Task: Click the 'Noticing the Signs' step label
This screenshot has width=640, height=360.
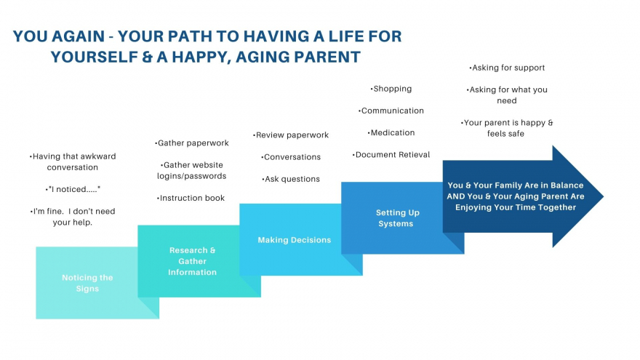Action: pyautogui.click(x=87, y=283)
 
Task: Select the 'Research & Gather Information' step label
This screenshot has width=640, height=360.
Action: pyautogui.click(x=192, y=261)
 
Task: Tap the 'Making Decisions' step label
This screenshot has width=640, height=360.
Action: pyautogui.click(x=295, y=240)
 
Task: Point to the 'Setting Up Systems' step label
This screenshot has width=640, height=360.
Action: pyautogui.click(x=397, y=218)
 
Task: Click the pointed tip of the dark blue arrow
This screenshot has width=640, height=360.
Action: pyautogui.click(x=603, y=196)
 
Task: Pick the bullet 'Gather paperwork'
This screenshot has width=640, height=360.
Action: pyautogui.click(x=192, y=143)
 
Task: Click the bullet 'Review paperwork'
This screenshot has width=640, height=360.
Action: pyautogui.click(x=291, y=135)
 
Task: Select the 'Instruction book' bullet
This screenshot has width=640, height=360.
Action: pyautogui.click(x=191, y=198)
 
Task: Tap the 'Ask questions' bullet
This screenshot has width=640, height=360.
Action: pyautogui.click(x=291, y=179)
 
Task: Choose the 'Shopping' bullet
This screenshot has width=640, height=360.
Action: pyautogui.click(x=391, y=89)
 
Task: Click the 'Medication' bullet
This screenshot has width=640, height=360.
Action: pyautogui.click(x=391, y=132)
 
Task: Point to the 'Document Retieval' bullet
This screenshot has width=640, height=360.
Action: pyautogui.click(x=391, y=155)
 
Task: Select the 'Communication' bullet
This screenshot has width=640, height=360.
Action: pyautogui.click(x=391, y=111)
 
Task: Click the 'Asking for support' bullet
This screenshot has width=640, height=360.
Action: pyautogui.click(x=507, y=68)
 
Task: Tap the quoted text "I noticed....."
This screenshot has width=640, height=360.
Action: pyautogui.click(x=73, y=189)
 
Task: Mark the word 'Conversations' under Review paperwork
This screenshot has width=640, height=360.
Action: pyautogui.click(x=292, y=157)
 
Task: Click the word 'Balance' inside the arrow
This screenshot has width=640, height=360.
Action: pyautogui.click(x=567, y=185)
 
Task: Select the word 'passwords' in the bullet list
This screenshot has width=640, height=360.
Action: pyautogui.click(x=206, y=176)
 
